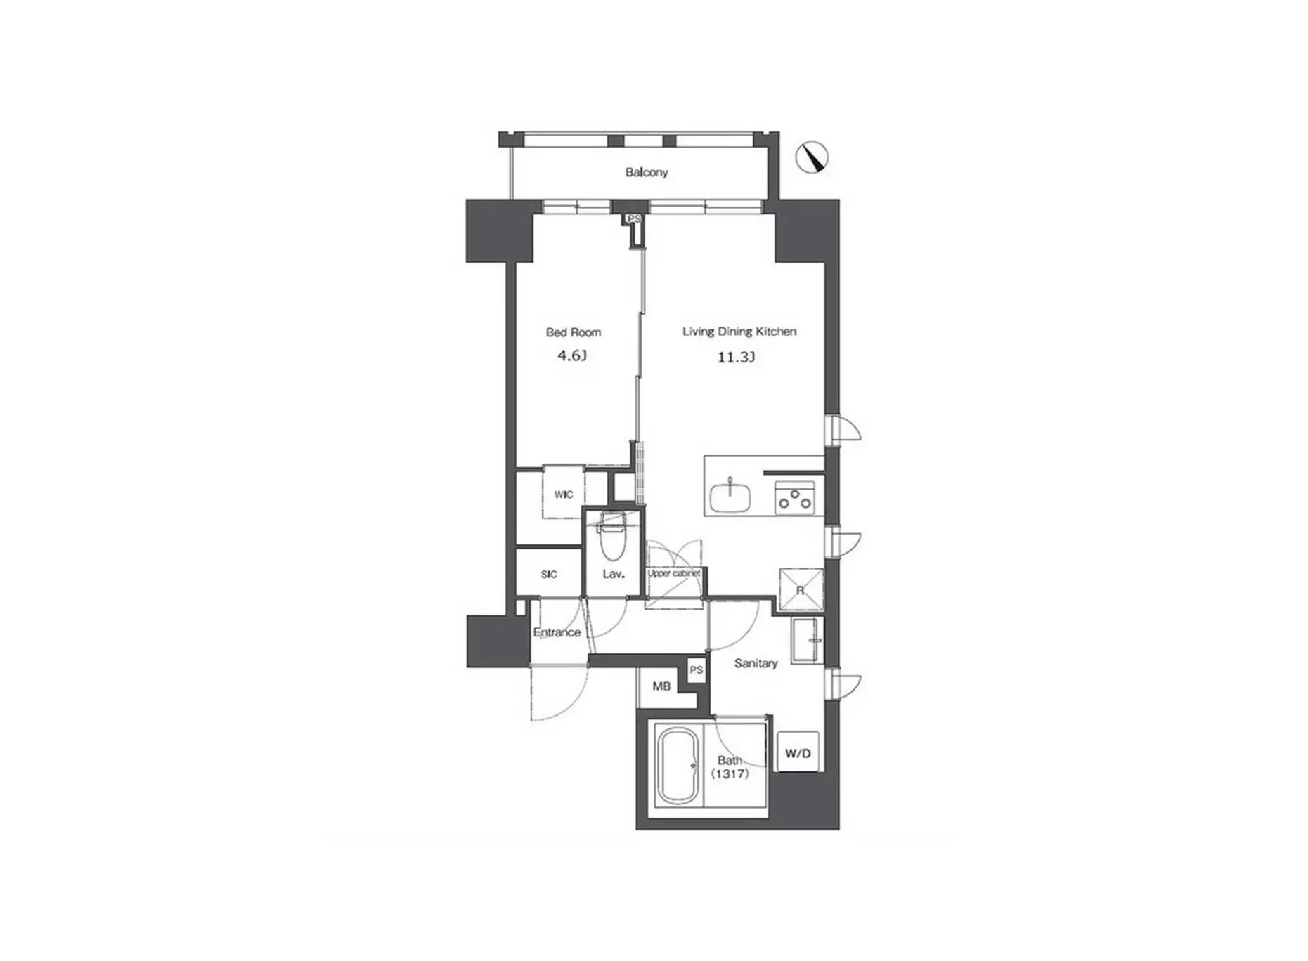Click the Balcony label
pos(647,172)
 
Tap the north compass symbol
pos(812,157)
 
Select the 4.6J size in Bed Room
pos(572,355)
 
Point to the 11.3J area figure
pos(736,358)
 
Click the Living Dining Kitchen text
pos(739,332)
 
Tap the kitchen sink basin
pos(730,496)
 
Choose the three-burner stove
pos(795,497)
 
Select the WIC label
pos(564,495)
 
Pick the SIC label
pos(549,575)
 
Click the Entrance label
pos(557,632)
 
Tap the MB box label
pos(661,686)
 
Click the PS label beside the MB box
pos(696,670)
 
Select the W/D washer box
pos(798,753)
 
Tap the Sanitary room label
pos(756,663)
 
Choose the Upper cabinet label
pos(674,573)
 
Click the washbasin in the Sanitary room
pos(805,640)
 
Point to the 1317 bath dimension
pos(730,774)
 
